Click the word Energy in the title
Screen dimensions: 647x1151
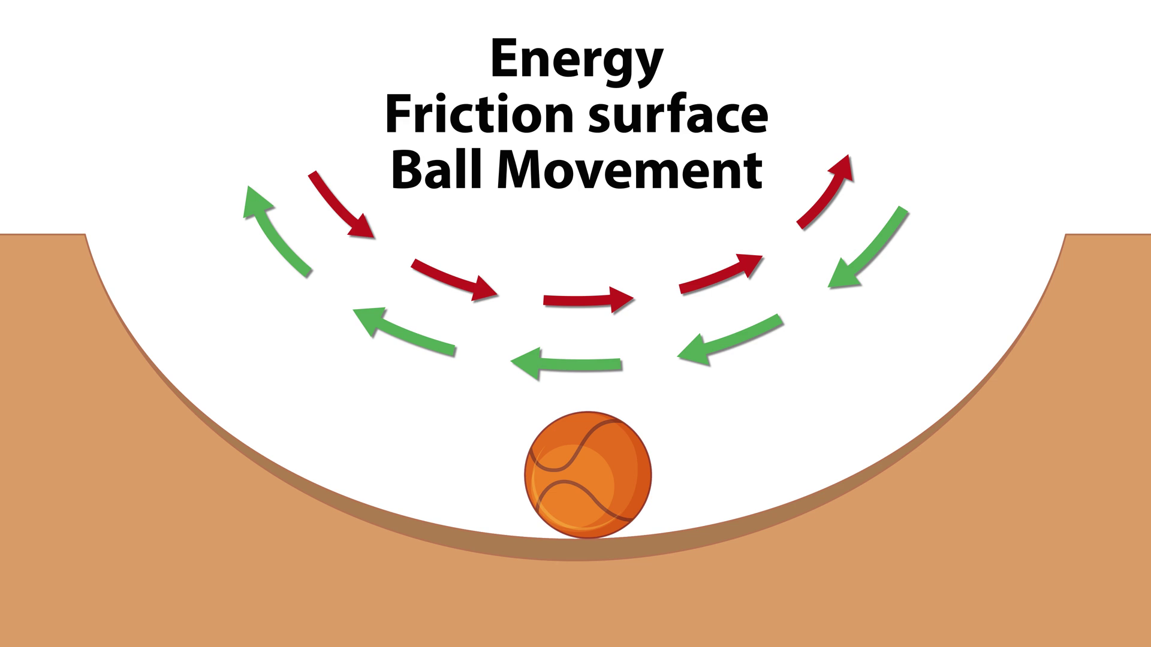[x=576, y=60]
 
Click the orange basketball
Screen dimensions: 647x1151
[x=587, y=474]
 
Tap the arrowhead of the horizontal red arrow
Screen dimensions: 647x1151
[x=622, y=298]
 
